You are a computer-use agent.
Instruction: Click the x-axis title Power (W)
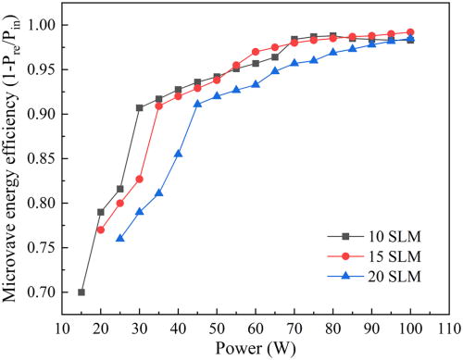click(255, 349)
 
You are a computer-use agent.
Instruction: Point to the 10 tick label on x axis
click(62, 327)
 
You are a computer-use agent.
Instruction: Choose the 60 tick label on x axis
click(256, 327)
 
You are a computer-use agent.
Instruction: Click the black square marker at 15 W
click(81, 292)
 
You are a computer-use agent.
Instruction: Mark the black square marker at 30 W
click(140, 107)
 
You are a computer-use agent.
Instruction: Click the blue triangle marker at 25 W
click(120, 238)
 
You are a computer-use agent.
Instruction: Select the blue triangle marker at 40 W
click(178, 154)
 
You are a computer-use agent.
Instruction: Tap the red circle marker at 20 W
click(101, 230)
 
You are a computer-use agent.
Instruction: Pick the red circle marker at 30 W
click(140, 179)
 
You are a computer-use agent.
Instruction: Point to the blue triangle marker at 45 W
click(197, 104)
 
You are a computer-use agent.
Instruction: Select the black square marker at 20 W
click(101, 212)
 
